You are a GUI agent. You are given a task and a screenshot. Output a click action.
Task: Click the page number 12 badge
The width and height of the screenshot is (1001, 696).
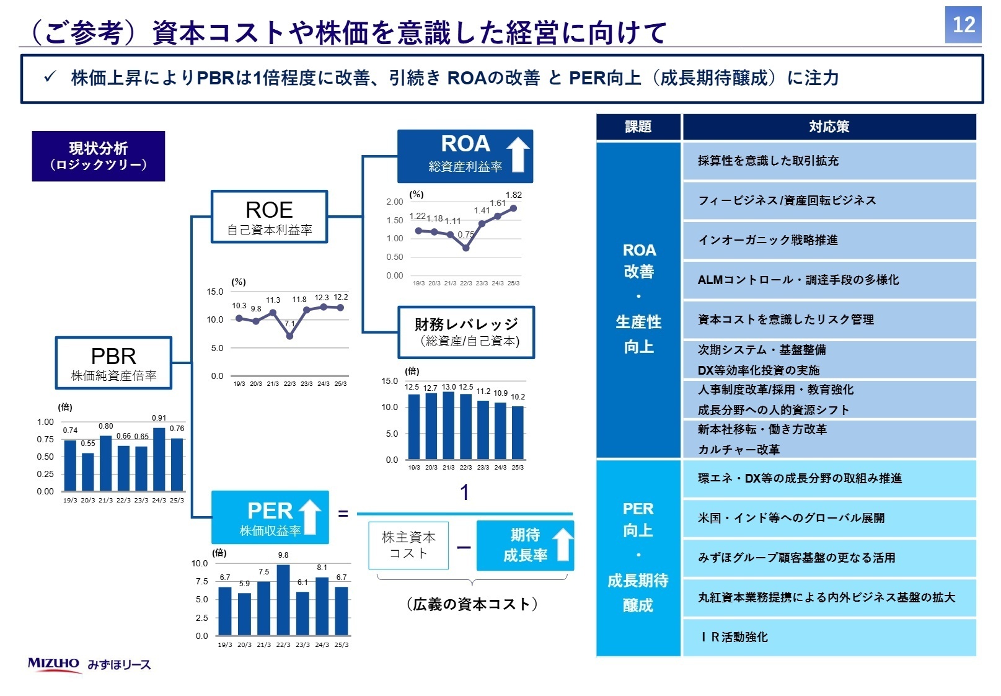[x=963, y=25]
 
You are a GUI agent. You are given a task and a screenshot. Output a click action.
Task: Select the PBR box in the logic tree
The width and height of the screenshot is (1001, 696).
[x=113, y=363]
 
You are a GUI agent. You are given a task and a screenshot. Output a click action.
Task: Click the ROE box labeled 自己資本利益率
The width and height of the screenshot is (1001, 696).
[x=269, y=216]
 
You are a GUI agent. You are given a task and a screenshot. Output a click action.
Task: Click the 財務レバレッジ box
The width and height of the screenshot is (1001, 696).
[x=466, y=332]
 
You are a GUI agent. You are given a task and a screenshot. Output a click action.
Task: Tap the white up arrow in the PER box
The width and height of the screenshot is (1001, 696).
[x=310, y=517]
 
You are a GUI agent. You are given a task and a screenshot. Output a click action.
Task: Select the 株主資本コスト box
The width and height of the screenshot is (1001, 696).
[x=408, y=545]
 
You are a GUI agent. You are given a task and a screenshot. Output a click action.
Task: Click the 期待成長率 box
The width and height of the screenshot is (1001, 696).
[x=525, y=545]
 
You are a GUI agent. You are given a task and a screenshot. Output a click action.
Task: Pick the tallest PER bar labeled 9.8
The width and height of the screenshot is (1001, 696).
[x=283, y=600]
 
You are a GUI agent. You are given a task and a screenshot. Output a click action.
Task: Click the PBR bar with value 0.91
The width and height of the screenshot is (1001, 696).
[x=159, y=459]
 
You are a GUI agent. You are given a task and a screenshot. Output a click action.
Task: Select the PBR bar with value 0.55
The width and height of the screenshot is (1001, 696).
[x=88, y=471]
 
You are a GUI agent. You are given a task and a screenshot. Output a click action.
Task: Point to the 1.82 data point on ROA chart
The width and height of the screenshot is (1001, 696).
[x=513, y=208]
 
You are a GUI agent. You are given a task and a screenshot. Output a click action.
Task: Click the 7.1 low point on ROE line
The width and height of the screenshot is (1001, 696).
[x=289, y=336]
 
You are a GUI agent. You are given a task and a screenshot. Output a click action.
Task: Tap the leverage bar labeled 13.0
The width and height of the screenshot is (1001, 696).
[x=449, y=426]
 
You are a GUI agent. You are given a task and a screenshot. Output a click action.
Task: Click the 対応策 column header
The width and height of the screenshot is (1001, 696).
[x=829, y=127]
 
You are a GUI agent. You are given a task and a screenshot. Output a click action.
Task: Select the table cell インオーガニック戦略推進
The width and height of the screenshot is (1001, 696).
[x=829, y=240]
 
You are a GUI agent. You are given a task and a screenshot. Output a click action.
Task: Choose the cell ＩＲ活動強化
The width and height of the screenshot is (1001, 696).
[x=829, y=637]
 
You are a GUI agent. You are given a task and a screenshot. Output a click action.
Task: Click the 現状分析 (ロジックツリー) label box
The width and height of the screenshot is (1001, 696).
[x=99, y=156]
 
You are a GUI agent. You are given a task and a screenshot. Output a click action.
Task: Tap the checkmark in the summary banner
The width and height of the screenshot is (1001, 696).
[x=50, y=77]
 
